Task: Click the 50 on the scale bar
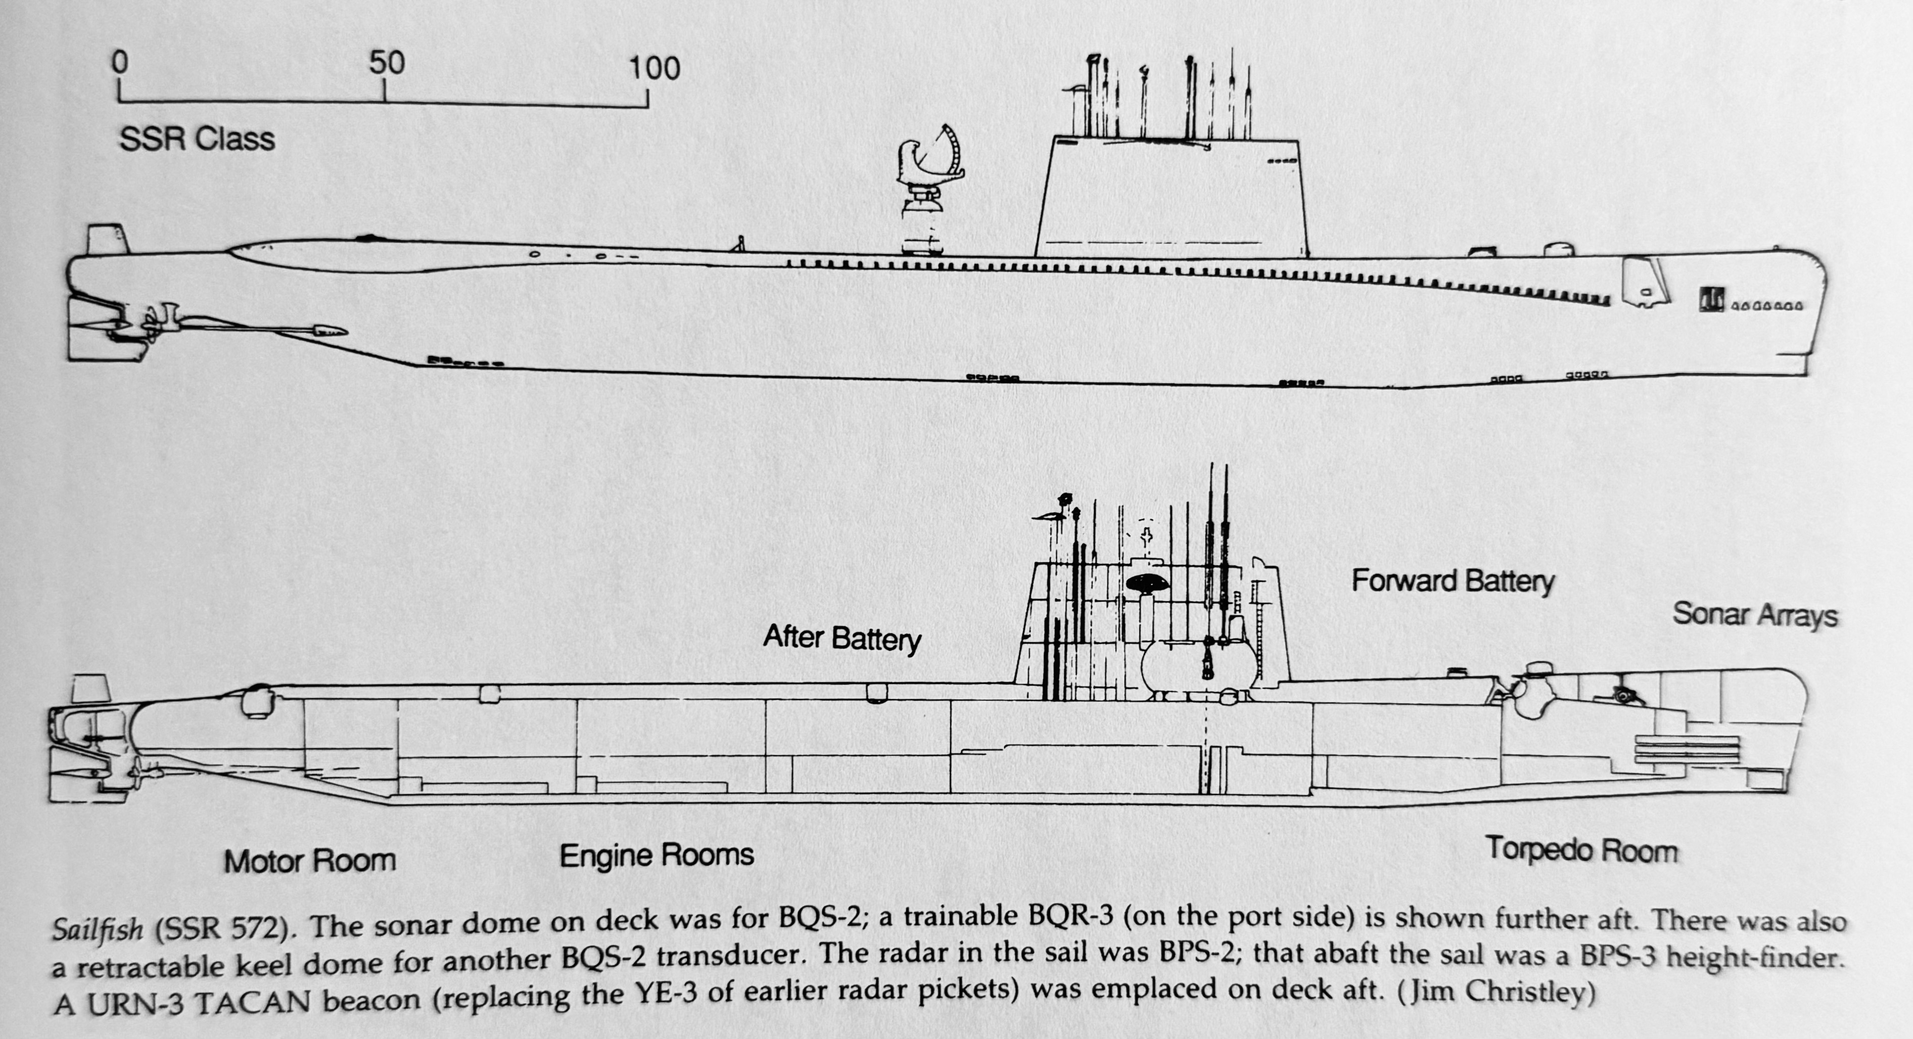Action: pos(387,64)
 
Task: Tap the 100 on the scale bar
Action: pos(654,68)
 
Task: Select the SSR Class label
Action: pos(197,140)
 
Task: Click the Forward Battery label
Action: pos(1453,581)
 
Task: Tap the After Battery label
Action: pos(842,638)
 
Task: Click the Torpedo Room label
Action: pos(1581,850)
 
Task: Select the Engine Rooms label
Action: pos(657,855)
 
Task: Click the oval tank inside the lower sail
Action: pos(1199,665)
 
